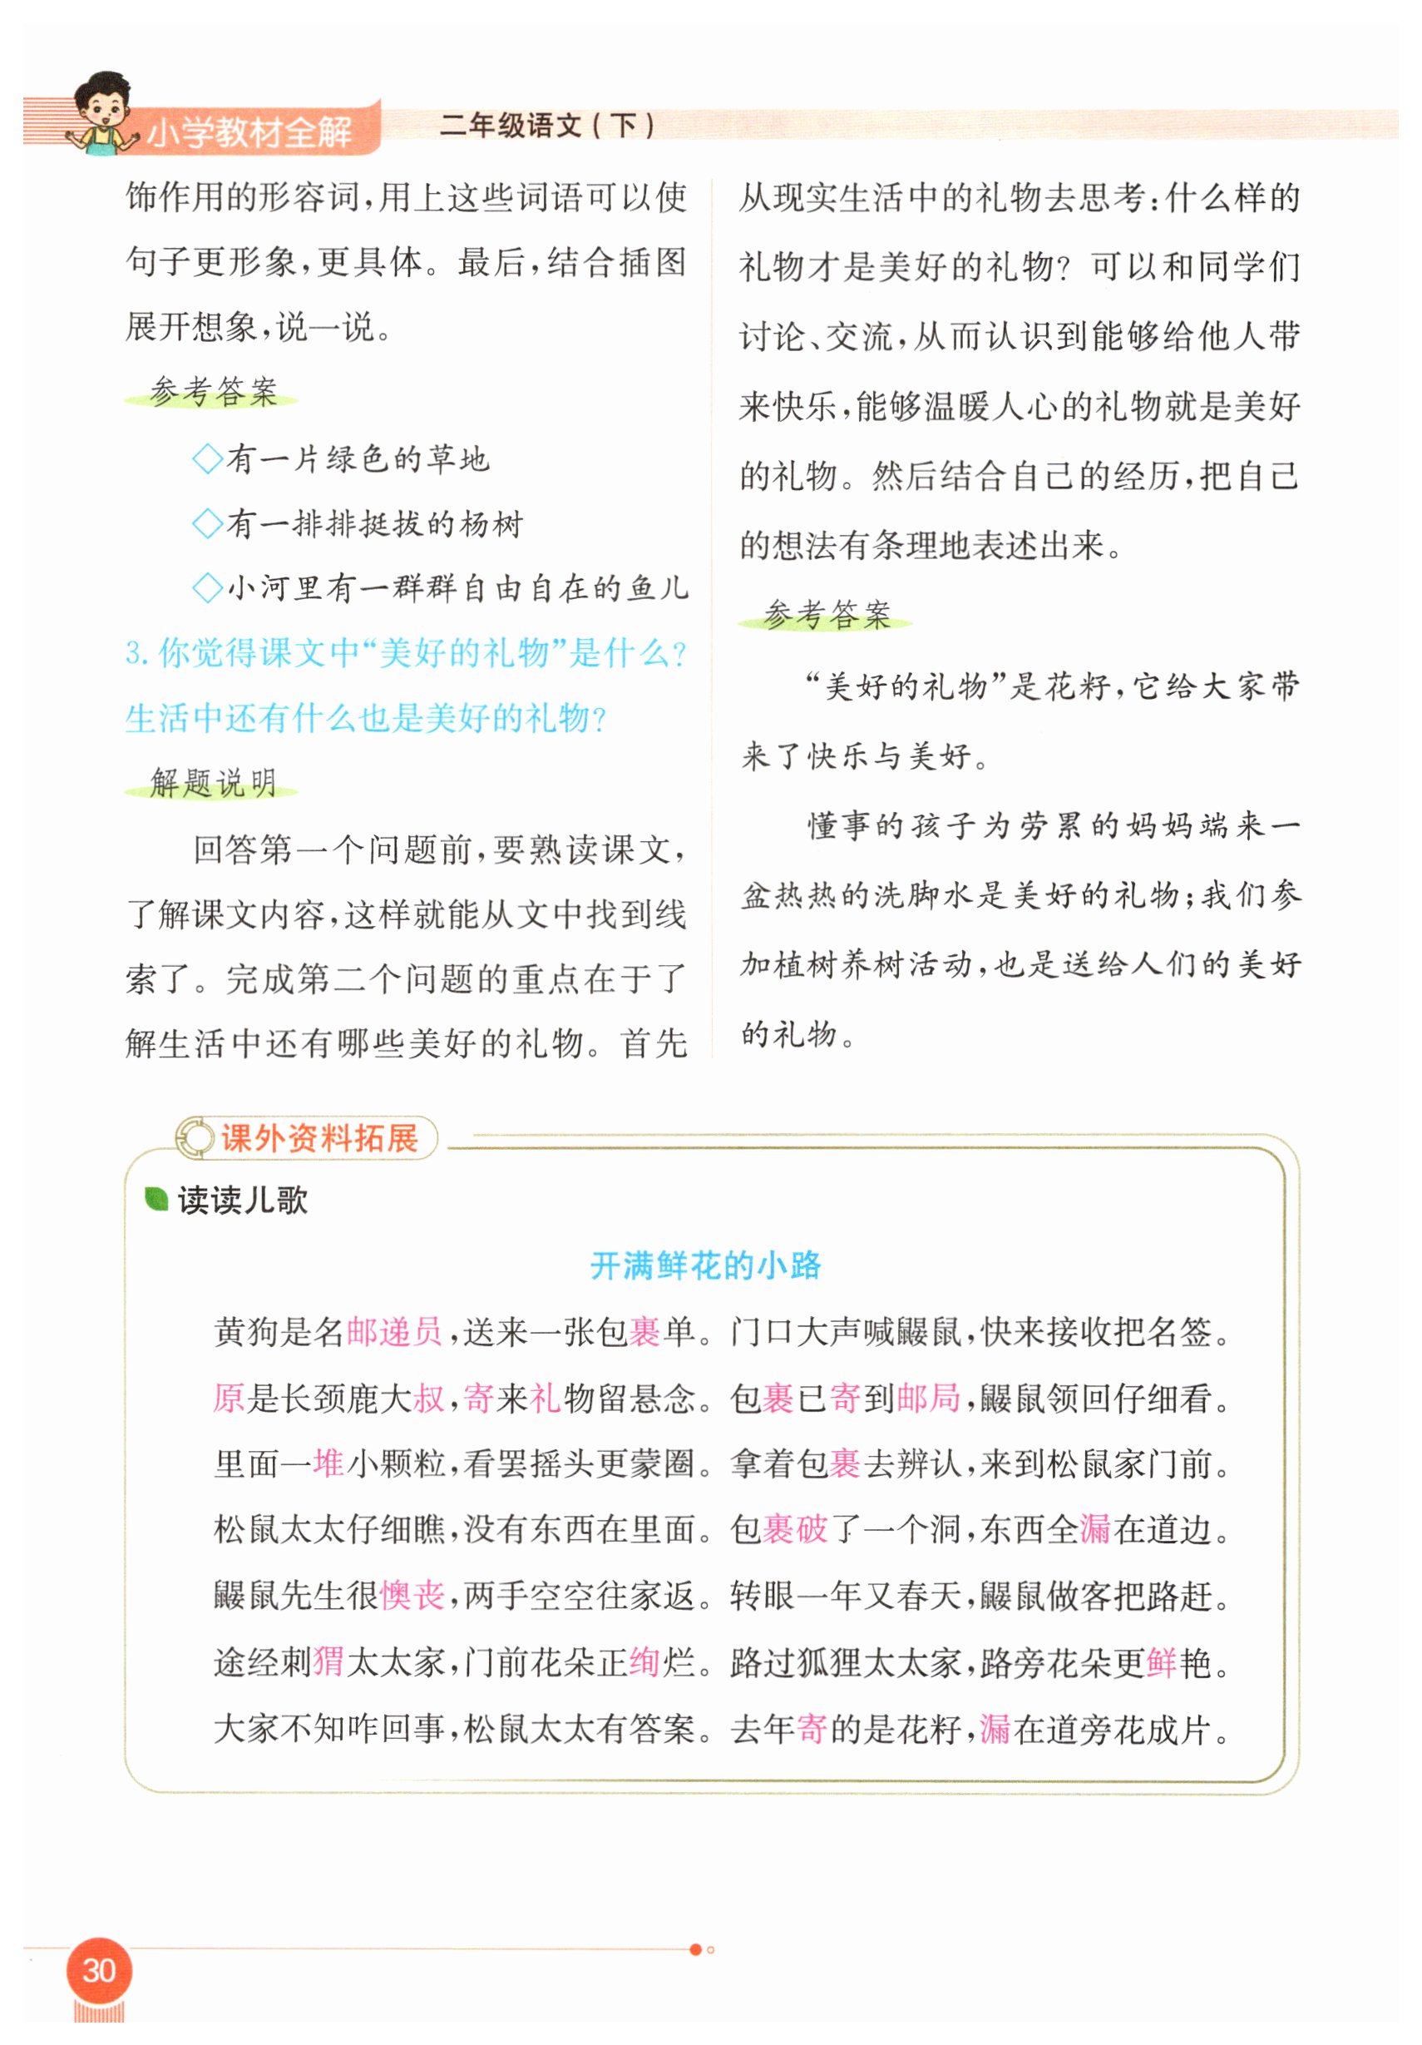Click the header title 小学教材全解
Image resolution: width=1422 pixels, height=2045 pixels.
[x=249, y=131]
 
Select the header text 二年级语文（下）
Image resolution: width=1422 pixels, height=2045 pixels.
[x=546, y=126]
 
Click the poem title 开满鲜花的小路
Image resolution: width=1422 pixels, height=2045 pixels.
[x=705, y=1265]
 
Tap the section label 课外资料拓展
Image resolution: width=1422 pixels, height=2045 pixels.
[x=318, y=1137]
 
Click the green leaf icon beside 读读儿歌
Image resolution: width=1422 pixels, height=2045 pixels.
[x=156, y=1199]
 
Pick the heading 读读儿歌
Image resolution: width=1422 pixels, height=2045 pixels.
[x=242, y=1200]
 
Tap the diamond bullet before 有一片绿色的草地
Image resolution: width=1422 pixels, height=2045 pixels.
[x=207, y=459]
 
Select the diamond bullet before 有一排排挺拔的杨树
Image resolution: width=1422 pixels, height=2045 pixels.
[x=207, y=523]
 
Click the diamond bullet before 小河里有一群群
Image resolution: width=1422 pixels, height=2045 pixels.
[x=207, y=588]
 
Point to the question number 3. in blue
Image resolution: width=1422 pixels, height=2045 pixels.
[x=136, y=653]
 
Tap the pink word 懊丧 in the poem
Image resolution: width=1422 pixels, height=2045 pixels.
[x=412, y=1594]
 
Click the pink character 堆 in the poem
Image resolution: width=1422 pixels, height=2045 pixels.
[x=328, y=1463]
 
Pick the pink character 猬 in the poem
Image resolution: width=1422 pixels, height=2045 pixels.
[x=328, y=1661]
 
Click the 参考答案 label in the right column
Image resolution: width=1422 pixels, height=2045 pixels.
[x=827, y=614]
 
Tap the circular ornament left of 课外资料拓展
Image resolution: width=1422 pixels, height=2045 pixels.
[x=195, y=1137]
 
